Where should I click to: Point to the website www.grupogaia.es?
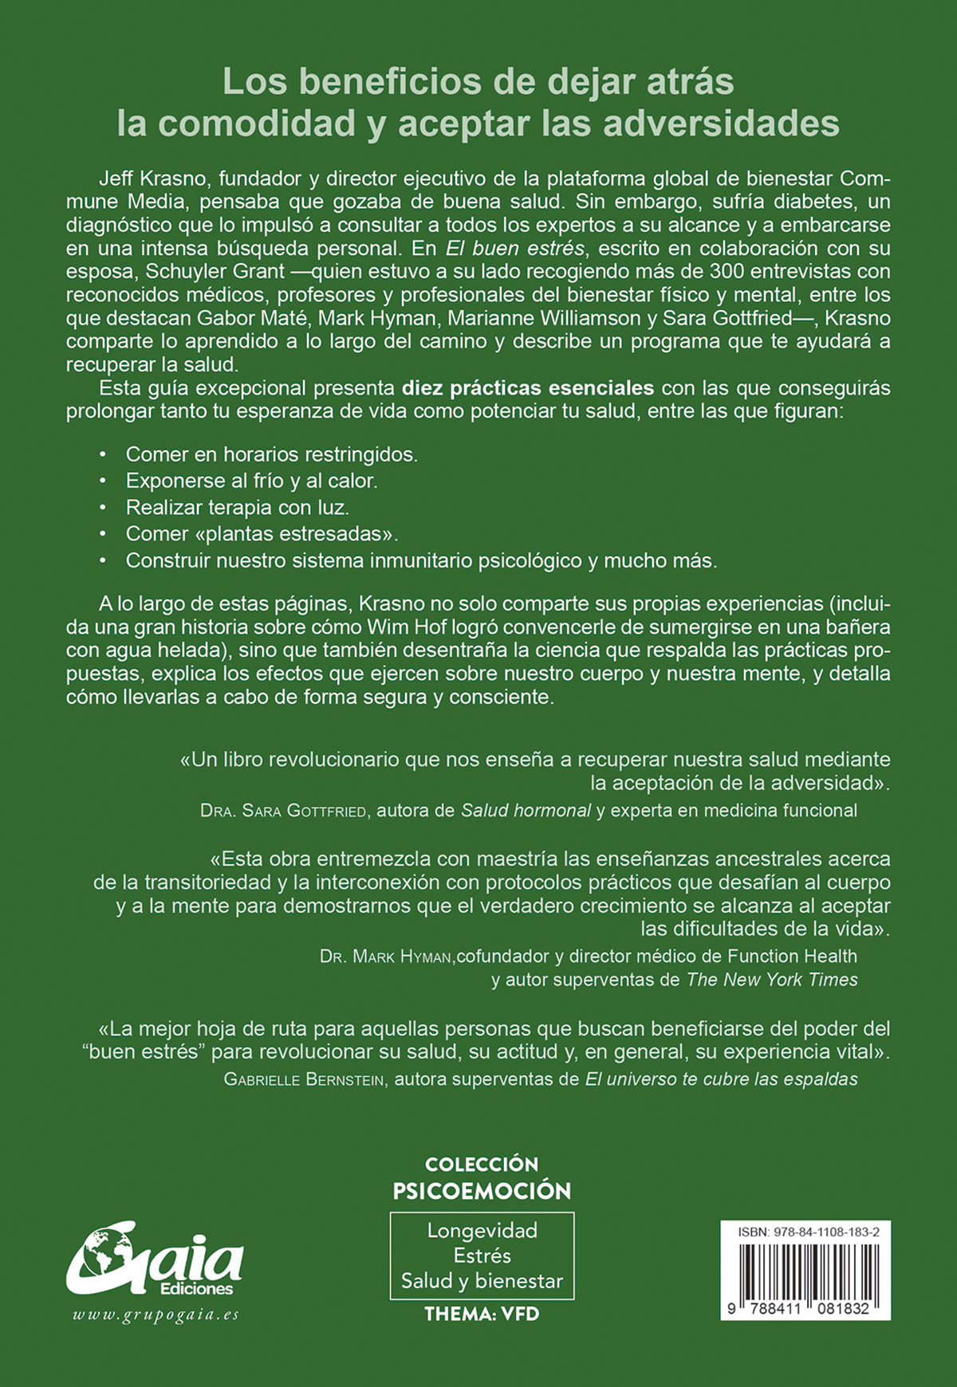[156, 1315]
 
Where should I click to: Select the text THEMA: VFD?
[482, 1314]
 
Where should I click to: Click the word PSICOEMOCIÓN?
[482, 1191]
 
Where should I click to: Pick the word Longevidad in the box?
[482, 1230]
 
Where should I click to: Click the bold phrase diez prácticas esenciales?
[528, 388]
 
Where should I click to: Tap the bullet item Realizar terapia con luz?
[238, 507]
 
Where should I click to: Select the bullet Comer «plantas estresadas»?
[262, 533]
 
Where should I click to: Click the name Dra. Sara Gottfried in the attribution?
[283, 811]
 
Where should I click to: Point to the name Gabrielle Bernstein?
[305, 1079]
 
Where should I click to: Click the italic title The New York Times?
[772, 980]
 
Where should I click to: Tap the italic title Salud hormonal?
[526, 811]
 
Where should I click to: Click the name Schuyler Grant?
[215, 271]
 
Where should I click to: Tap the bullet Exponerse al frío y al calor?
[251, 481]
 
